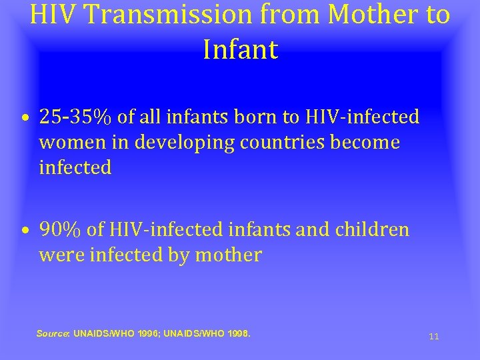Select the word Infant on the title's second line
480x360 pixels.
240,50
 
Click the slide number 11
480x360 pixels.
434,337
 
